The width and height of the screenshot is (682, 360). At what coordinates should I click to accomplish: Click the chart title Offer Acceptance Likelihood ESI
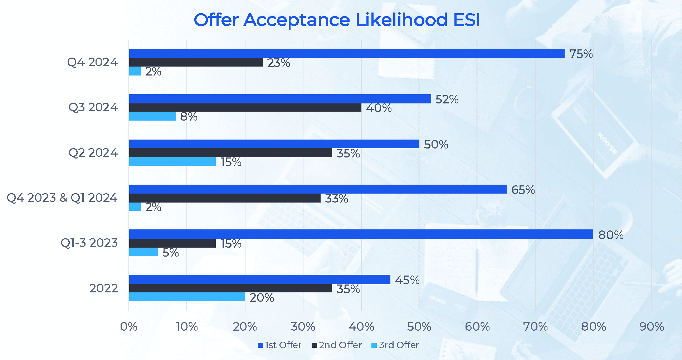pos(336,20)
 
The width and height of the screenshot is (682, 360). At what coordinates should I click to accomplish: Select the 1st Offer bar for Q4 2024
pos(346,53)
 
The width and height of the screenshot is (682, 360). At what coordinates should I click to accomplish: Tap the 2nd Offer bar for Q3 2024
pos(245,108)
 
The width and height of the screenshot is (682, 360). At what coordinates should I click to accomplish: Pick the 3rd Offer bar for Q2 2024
pos(172,162)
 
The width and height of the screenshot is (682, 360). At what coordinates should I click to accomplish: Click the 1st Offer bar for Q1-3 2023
pos(361,234)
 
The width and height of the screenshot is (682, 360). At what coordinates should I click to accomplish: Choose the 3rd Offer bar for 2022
pos(187,297)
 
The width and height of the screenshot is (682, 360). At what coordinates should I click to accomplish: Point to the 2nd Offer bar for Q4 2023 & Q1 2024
pos(225,198)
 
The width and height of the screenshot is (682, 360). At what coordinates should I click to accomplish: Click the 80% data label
pos(611,235)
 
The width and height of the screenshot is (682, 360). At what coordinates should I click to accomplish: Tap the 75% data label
pos(581,54)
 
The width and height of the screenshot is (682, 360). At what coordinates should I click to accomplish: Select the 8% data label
pos(189,117)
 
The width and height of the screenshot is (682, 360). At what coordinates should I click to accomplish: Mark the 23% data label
pos(278,63)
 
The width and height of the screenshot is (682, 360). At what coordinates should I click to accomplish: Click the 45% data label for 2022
pos(407,280)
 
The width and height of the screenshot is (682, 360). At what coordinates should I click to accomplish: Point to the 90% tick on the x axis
pos(652,326)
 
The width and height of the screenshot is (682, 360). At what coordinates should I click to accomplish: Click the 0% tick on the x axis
pos(129,326)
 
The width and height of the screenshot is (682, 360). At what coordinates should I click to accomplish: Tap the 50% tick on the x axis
pos(419,326)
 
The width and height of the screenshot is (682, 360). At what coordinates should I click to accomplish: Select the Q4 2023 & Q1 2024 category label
pos(62,198)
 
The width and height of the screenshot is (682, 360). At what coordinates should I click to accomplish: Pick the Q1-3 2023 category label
pos(89,243)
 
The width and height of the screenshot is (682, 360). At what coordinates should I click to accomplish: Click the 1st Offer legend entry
pos(279,345)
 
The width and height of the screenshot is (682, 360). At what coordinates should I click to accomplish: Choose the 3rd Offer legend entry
pos(395,345)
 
